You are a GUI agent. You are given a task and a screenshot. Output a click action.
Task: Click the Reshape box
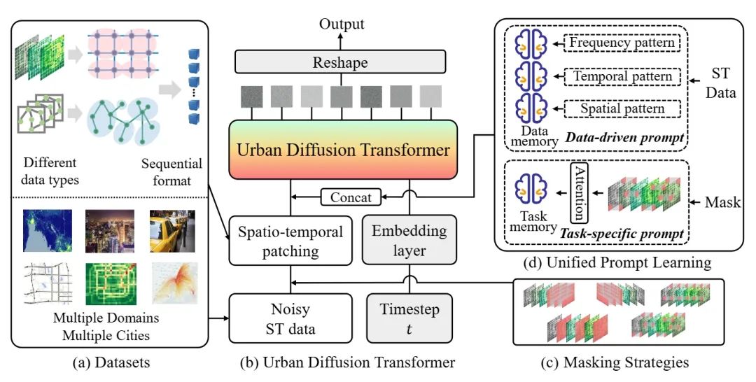pyautogui.click(x=340, y=62)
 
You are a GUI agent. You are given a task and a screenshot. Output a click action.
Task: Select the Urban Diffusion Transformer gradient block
pyautogui.click(x=343, y=150)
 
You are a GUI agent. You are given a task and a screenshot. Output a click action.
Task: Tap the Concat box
pyautogui.click(x=351, y=197)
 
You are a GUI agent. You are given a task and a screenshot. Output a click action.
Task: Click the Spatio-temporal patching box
pyautogui.click(x=290, y=241)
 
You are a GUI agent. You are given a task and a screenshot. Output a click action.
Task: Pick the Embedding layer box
pyautogui.click(x=409, y=240)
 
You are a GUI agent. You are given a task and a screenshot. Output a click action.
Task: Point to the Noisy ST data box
pyautogui.click(x=290, y=318)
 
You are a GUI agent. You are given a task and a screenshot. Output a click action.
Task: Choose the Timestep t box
pyautogui.click(x=409, y=318)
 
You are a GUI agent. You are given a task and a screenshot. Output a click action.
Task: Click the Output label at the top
pyautogui.click(x=342, y=24)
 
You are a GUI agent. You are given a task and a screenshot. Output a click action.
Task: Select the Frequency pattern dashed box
pyautogui.click(x=622, y=43)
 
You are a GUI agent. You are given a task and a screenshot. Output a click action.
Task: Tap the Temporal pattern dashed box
pyautogui.click(x=622, y=76)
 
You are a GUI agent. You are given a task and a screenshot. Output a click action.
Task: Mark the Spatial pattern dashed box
pyautogui.click(x=622, y=108)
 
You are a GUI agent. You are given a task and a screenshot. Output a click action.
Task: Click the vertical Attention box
pyautogui.click(x=580, y=192)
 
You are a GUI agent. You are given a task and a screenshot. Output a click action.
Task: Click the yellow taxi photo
pyautogui.click(x=172, y=231)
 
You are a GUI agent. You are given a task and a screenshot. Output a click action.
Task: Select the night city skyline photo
pyautogui.click(x=110, y=231)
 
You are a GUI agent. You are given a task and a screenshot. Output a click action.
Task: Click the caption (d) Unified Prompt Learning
pyautogui.click(x=617, y=262)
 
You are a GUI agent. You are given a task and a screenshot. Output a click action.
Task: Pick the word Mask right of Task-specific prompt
pyautogui.click(x=722, y=201)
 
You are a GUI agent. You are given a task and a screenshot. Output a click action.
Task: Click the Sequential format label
pyautogui.click(x=171, y=172)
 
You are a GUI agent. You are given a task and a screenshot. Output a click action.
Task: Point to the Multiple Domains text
pyautogui.click(x=106, y=318)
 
